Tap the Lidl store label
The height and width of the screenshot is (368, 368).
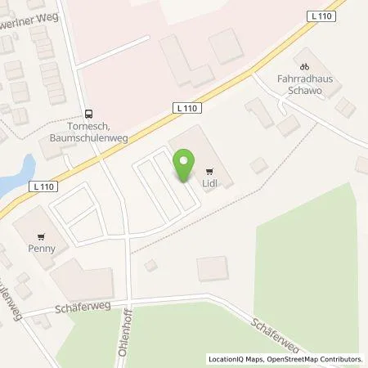click(209, 182)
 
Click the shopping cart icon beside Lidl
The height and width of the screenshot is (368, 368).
click(209, 172)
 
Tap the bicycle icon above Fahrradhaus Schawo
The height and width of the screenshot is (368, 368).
click(304, 66)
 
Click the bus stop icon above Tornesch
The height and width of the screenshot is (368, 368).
click(88, 114)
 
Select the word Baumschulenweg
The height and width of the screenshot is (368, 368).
click(89, 137)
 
